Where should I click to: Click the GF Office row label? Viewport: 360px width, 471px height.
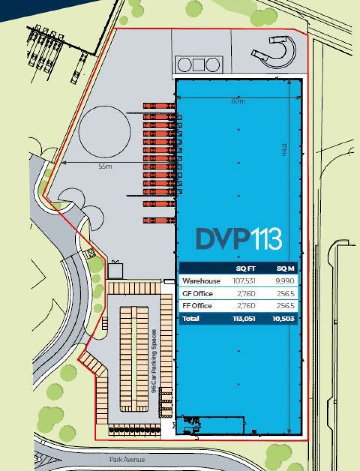[197, 294]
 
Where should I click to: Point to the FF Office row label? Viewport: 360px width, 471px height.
[197, 306]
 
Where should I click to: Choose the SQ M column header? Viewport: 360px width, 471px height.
[286, 269]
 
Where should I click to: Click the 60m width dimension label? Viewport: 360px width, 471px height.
[238, 101]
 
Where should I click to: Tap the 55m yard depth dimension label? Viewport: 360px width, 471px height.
[105, 166]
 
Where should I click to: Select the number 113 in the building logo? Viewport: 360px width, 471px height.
[267, 239]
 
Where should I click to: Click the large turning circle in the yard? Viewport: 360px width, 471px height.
[104, 131]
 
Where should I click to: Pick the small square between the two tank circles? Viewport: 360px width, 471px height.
[198, 64]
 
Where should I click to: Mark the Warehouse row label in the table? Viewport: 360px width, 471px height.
[201, 281]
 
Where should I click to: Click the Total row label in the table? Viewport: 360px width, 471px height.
[190, 319]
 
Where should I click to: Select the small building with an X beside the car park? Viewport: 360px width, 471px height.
[115, 270]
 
